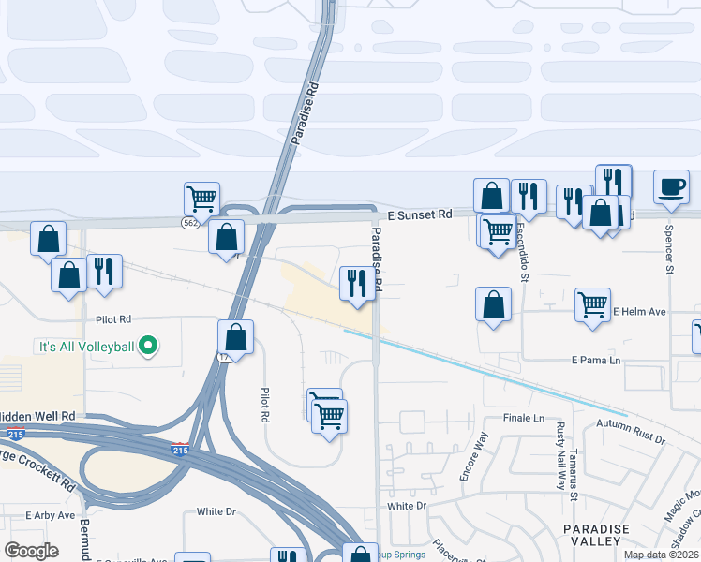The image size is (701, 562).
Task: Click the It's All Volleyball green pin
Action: [147, 347]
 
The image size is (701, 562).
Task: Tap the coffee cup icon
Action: [671, 186]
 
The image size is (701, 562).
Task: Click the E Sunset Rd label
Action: [419, 214]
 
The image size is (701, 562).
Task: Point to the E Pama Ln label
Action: [596, 360]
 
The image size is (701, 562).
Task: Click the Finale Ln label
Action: [523, 418]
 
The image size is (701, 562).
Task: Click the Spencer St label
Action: [669, 248]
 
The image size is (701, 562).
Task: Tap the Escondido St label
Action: [526, 258]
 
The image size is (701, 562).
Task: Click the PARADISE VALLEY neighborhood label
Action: [596, 535]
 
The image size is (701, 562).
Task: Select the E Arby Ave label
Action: [51, 515]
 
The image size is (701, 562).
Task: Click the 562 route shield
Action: [189, 221]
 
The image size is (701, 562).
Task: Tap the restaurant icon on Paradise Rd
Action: [356, 282]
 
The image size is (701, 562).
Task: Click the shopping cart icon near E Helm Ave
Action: [592, 304]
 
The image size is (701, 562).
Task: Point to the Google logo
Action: [32, 551]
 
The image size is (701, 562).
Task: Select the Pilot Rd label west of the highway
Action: [112, 319]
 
